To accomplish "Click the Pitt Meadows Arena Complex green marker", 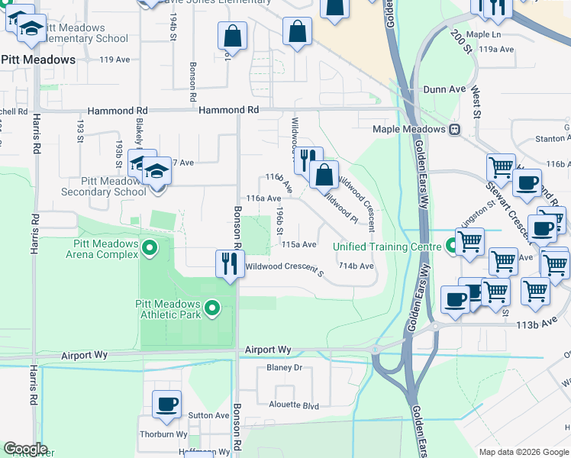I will click(x=150, y=248).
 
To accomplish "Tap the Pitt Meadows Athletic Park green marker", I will click(x=212, y=308).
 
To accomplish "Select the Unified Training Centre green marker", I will click(x=453, y=246).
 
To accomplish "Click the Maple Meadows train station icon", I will click(x=455, y=130).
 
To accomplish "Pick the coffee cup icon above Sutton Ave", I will click(x=166, y=404).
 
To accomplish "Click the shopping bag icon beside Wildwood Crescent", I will click(x=324, y=174).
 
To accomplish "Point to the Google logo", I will click(x=24, y=449).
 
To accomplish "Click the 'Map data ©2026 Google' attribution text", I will click(x=523, y=452).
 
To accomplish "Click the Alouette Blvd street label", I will click(x=288, y=406).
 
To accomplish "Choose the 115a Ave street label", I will click(x=298, y=245).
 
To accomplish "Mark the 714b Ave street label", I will click(x=356, y=266).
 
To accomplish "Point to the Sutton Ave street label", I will click(x=208, y=416).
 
